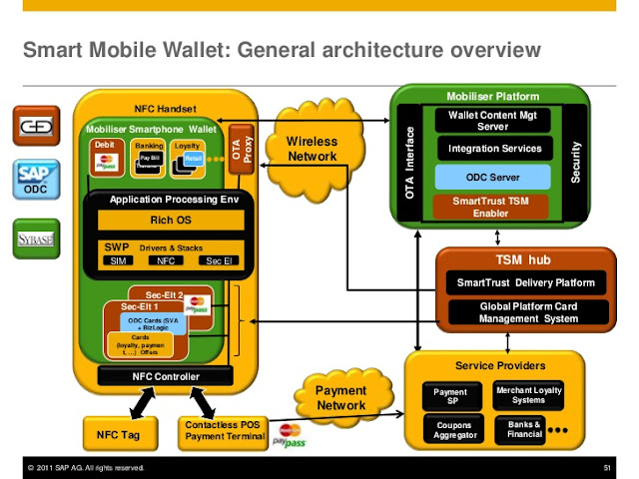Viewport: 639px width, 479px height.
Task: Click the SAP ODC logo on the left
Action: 32,182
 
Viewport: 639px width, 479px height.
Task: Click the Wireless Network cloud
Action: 312,150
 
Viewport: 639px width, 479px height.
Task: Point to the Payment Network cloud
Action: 340,398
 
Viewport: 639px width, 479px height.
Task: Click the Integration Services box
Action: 494,149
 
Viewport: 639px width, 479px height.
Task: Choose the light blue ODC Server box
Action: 494,177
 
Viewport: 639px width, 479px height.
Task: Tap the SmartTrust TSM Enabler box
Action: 494,207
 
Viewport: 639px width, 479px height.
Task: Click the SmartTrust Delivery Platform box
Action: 525,282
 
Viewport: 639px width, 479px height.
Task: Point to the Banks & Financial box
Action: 522,430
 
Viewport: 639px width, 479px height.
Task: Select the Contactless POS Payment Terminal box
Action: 224,431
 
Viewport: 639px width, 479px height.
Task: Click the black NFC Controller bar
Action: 165,376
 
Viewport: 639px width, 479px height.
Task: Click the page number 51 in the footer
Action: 606,467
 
